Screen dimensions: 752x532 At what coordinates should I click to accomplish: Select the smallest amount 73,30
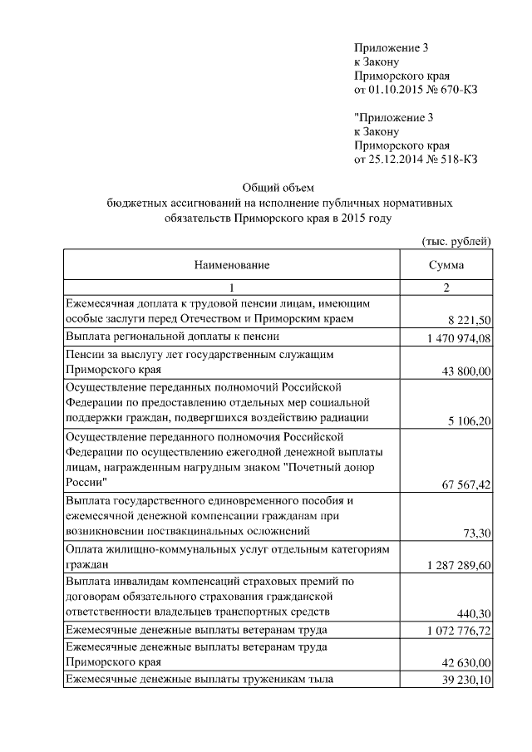(x=477, y=535)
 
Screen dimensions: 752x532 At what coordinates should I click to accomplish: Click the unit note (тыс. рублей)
(x=457, y=241)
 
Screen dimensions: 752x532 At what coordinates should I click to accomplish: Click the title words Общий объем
(x=277, y=187)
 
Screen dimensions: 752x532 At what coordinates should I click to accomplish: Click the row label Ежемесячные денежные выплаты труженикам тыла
(x=199, y=679)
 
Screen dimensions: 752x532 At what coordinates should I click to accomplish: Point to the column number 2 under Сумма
(x=446, y=288)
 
